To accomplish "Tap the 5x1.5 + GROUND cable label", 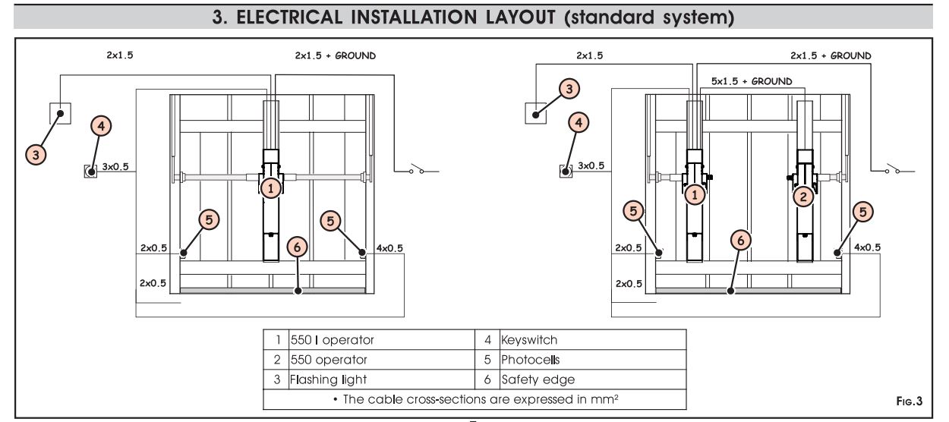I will point(750,81).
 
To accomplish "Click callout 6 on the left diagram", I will point(298,247).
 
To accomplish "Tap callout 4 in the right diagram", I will point(579,122).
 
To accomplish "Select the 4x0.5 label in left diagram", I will point(385,247).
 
